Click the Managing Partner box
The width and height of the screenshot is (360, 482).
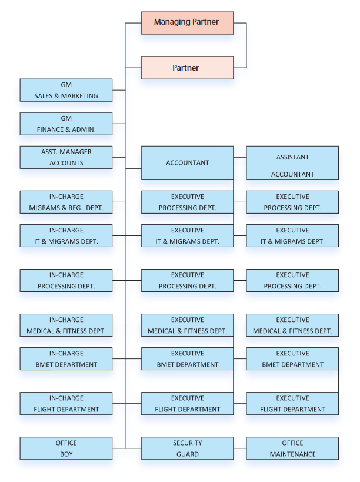pyautogui.click(x=187, y=22)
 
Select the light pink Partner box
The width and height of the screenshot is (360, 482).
pyautogui.click(x=187, y=68)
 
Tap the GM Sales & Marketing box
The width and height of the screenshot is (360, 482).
pyautogui.click(x=66, y=90)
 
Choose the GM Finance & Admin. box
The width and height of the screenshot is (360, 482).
pyautogui.click(x=66, y=124)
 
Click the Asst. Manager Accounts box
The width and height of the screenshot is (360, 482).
pyautogui.click(x=66, y=157)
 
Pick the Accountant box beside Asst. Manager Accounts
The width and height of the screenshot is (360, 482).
pyautogui.click(x=187, y=163)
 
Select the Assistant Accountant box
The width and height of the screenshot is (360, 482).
pyautogui.click(x=292, y=163)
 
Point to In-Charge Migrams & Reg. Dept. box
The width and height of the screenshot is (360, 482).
pyautogui.click(x=66, y=202)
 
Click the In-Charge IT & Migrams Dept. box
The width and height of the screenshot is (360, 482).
pyautogui.click(x=66, y=235)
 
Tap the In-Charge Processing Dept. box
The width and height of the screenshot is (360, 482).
pyautogui.click(x=66, y=280)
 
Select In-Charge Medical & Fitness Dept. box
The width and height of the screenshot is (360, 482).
pyautogui.click(x=66, y=325)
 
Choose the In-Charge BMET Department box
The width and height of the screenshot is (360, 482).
pyautogui.click(x=66, y=358)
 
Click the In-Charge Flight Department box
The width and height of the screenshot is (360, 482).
pyautogui.click(x=66, y=403)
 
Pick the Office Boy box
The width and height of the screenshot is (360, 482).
pyautogui.click(x=66, y=448)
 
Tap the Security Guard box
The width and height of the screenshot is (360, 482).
pyautogui.click(x=187, y=448)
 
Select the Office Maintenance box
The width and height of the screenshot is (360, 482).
pyautogui.click(x=292, y=448)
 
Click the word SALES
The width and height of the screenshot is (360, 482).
pyautogui.click(x=44, y=96)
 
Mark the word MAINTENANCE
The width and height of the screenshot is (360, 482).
pyautogui.click(x=292, y=454)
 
